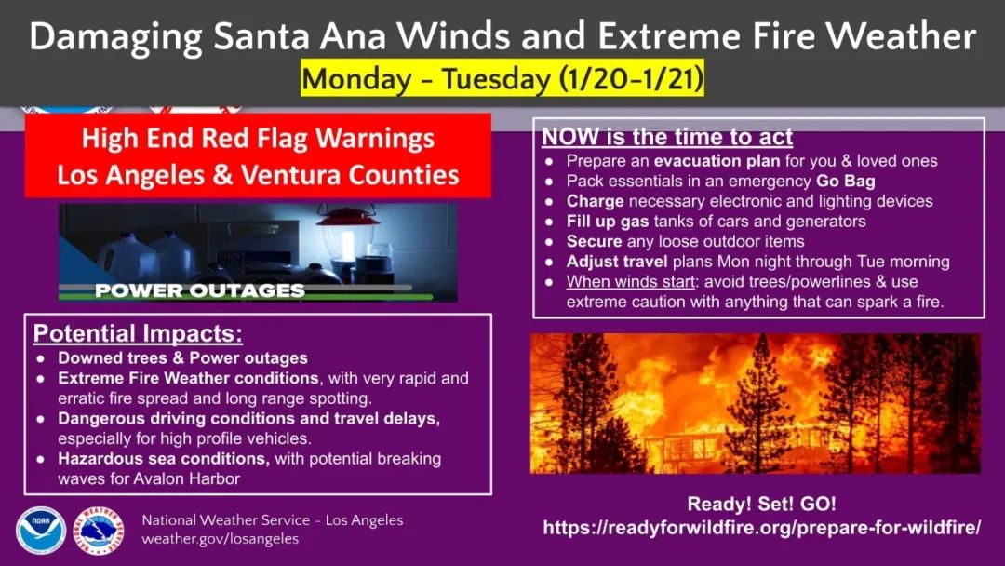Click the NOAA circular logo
click(x=41, y=531)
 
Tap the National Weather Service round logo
click(x=98, y=531)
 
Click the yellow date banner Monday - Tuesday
click(x=502, y=79)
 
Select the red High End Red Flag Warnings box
click(x=259, y=155)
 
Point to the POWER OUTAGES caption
click(x=200, y=290)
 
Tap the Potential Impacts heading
click(x=138, y=333)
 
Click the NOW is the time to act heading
click(x=667, y=137)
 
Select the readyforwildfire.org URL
click(x=761, y=528)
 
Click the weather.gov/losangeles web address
click(x=220, y=539)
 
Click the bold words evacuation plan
click(x=717, y=161)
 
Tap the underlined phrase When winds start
click(x=631, y=281)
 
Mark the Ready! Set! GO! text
click(x=761, y=504)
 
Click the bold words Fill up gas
click(x=608, y=222)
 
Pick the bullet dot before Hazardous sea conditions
click(x=41, y=460)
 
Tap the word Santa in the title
click(x=261, y=36)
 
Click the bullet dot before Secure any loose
click(x=549, y=242)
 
